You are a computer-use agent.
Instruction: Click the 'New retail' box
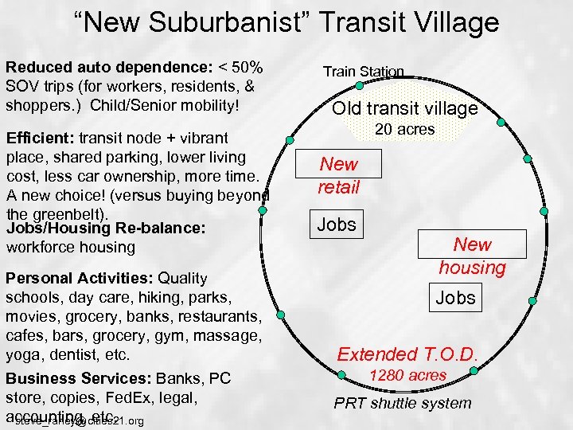[339, 175]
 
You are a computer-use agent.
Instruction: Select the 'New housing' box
[473, 256]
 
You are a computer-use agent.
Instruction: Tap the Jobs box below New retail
[337, 225]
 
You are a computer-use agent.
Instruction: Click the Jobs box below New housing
[455, 299]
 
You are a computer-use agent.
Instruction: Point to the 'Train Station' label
[363, 72]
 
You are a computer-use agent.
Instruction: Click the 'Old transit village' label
[404, 109]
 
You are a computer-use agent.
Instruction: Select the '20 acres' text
[404, 129]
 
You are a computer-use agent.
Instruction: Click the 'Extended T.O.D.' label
[407, 354]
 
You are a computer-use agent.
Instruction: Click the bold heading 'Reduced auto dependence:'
[97, 67]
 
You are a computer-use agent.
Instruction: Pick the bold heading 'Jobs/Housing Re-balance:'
[106, 229]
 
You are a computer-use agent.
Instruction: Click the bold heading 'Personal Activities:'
[80, 278]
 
